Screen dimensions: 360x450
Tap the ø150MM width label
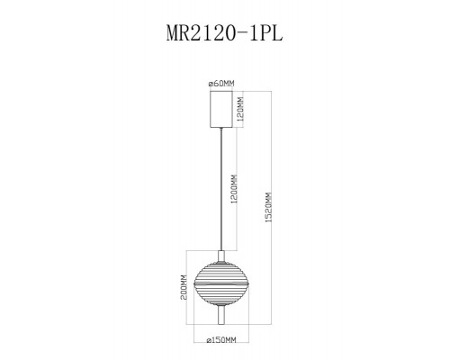coord(220,339)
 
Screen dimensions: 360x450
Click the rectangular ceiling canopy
coord(220,110)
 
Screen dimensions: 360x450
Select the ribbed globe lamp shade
coord(220,270)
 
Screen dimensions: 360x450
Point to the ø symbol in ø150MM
coord(208,339)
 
